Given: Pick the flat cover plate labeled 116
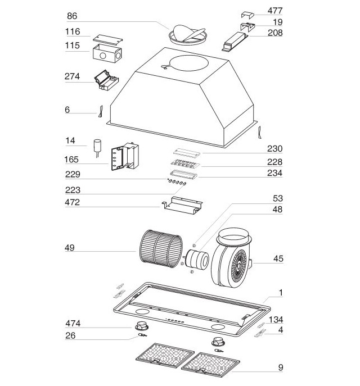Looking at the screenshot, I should click(107, 37).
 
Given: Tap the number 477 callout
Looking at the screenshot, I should click(276, 11).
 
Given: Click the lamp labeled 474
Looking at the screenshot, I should click(141, 327).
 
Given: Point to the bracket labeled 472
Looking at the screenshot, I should click(181, 206).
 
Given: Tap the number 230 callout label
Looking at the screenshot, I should click(274, 149).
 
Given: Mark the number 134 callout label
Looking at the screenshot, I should click(276, 320).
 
